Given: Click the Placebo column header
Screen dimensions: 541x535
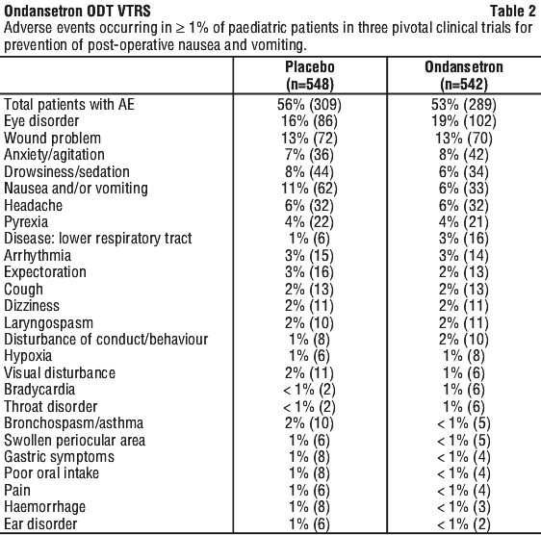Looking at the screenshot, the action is (x=310, y=76).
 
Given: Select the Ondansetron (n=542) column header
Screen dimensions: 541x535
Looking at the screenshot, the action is (x=464, y=76).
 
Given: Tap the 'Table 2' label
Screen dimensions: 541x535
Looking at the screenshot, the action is (x=513, y=11).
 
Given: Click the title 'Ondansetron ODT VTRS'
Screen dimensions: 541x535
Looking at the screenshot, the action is (x=77, y=11).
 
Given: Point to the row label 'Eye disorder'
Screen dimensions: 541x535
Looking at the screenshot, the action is (x=41, y=121).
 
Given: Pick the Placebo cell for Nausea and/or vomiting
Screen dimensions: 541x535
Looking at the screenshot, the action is (x=309, y=189).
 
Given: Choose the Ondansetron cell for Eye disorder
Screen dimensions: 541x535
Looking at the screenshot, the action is (x=464, y=121).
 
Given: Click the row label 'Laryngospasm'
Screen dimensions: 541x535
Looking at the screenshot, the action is (x=49, y=323).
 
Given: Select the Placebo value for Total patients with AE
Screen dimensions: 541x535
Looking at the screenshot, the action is (x=309, y=104).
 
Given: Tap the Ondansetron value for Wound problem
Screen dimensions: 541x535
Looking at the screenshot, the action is (x=464, y=138).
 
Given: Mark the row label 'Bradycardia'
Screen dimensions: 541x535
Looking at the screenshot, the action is (x=39, y=390).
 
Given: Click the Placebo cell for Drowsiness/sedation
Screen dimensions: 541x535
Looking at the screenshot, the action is (x=309, y=171).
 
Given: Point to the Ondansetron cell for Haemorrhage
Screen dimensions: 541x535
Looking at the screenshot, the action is (x=464, y=507).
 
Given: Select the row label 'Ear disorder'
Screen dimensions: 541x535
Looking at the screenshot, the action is (x=40, y=523).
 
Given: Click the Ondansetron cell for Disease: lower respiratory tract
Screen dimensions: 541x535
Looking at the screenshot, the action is (x=464, y=239).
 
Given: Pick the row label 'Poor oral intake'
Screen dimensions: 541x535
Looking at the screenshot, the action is (x=51, y=472).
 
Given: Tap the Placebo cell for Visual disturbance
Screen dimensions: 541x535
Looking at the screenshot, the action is (x=309, y=373).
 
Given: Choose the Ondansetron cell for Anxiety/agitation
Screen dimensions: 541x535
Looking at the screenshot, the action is (x=464, y=155).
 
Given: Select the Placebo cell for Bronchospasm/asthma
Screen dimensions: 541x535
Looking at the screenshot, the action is (x=309, y=422).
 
